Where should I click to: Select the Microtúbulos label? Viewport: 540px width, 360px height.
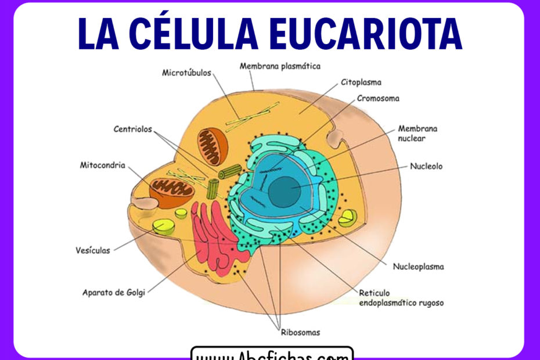[186, 73]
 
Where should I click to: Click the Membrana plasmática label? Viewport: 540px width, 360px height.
[280, 66]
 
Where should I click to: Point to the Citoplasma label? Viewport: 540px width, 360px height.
[361, 82]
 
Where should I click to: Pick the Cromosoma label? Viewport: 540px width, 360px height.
[377, 99]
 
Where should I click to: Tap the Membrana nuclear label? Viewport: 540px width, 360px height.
[417, 133]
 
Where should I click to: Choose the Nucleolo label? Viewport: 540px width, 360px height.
[426, 166]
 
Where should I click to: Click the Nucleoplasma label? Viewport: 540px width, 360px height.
[419, 267]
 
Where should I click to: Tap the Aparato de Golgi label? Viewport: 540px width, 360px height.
[114, 292]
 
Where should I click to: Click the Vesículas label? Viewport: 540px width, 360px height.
[93, 251]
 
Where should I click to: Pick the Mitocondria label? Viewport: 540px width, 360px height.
[102, 165]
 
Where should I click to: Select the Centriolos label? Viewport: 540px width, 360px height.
[132, 129]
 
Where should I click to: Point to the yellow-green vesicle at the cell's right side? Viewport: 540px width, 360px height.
[348, 217]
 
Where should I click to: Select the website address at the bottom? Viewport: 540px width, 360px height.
[272, 354]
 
